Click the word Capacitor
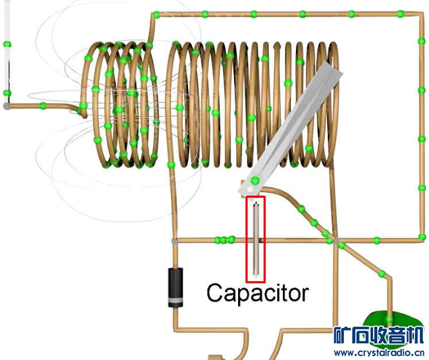(257, 293)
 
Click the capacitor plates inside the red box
(256, 239)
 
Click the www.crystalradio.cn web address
(378, 352)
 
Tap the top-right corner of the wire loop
(422, 14)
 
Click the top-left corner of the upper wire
(154, 14)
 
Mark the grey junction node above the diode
(174, 240)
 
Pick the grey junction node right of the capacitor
(337, 240)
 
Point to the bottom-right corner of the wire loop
(422, 239)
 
